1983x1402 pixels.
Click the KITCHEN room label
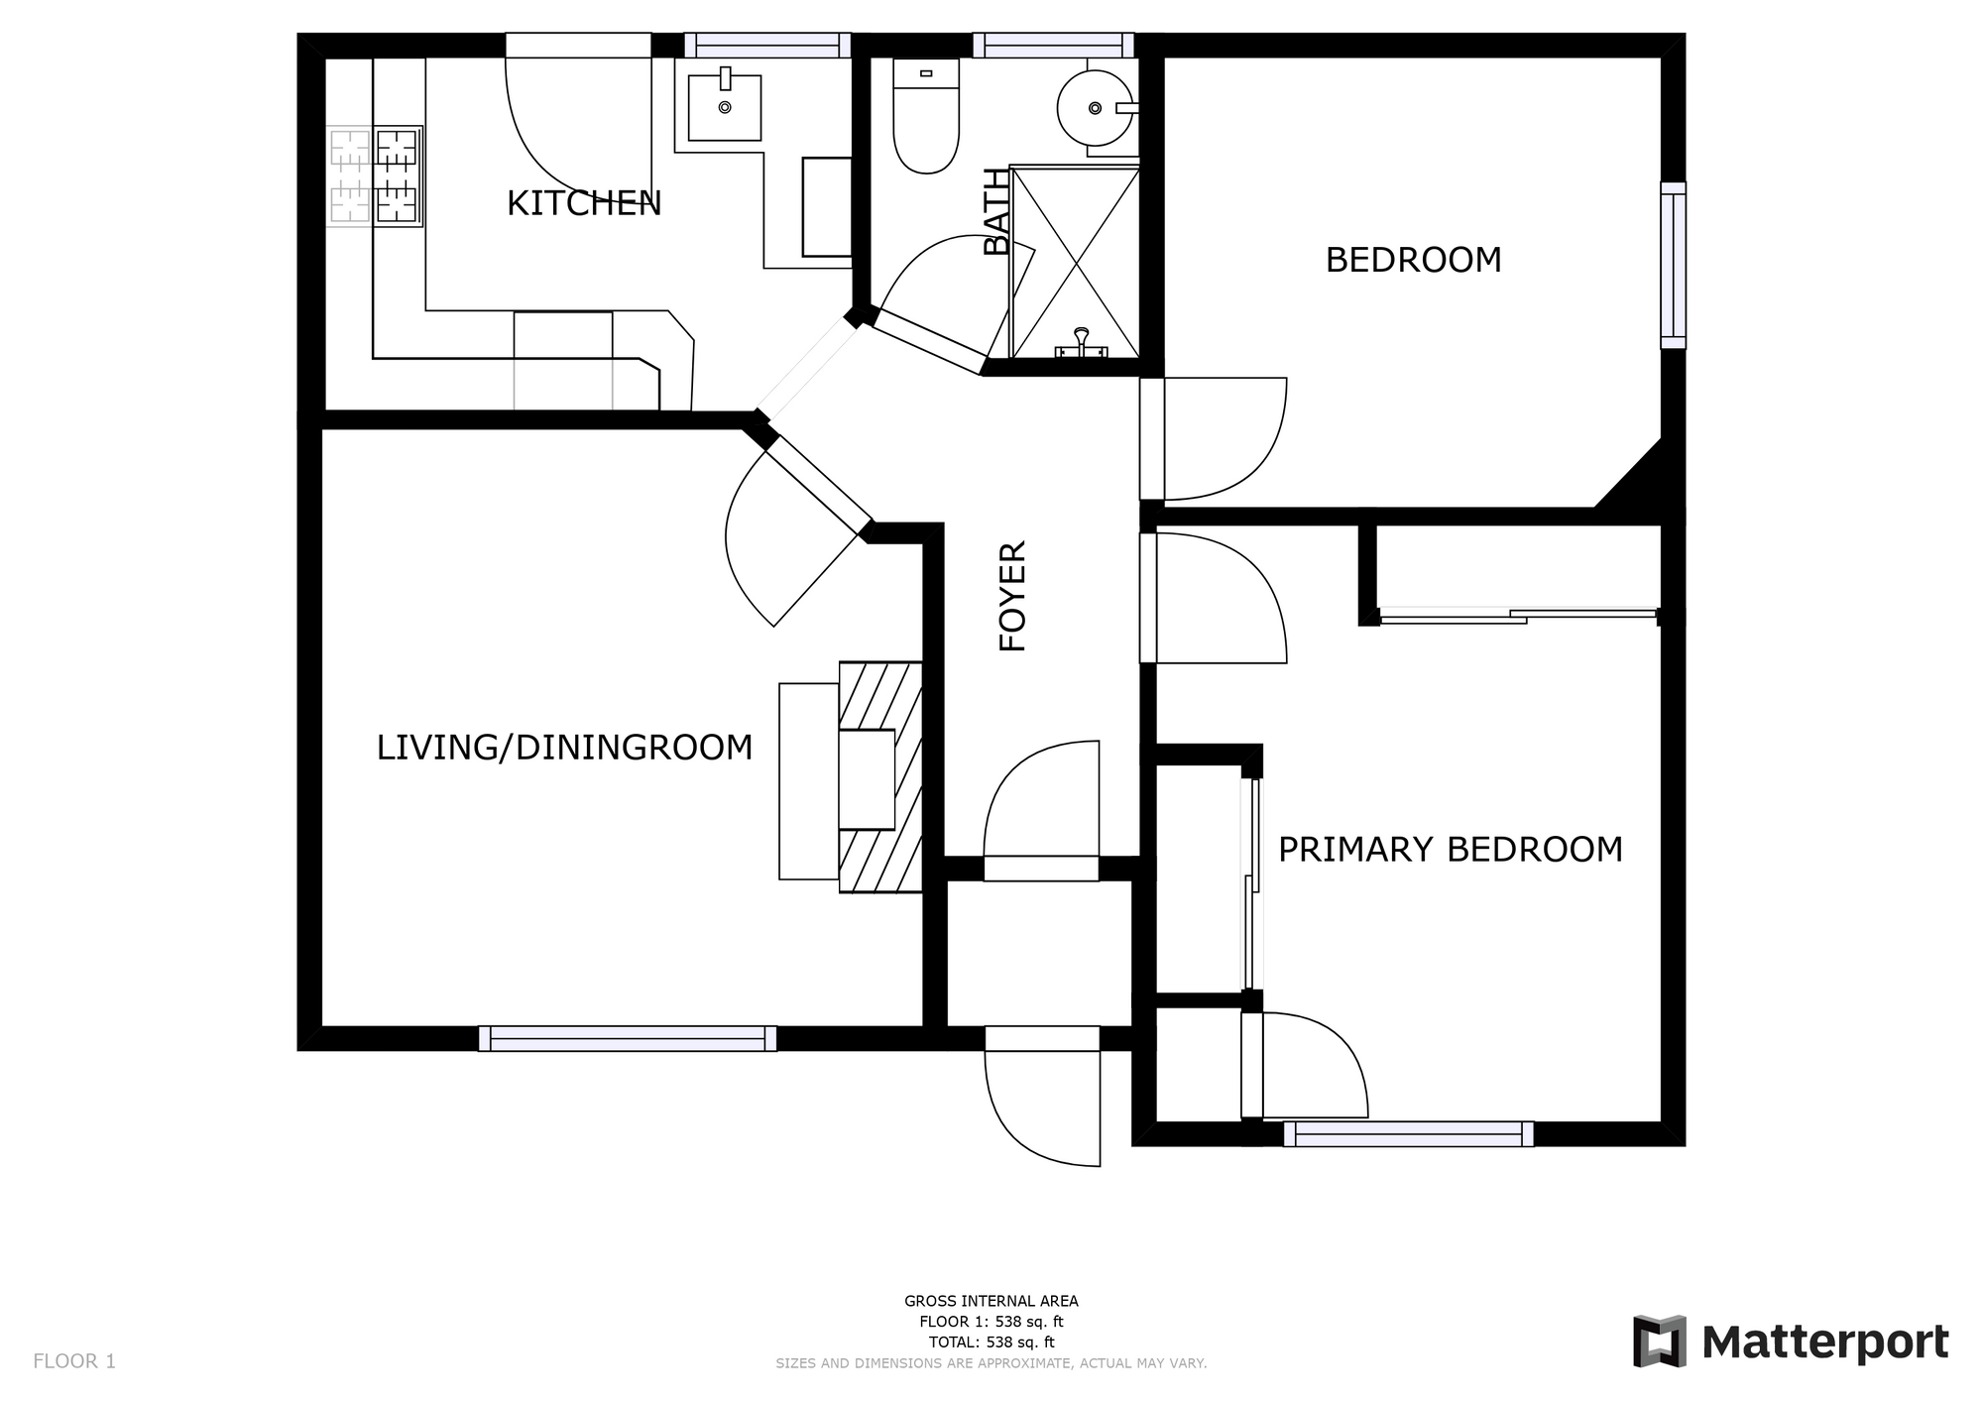point(584,203)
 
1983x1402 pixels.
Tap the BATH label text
point(996,212)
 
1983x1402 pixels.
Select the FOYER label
point(1012,596)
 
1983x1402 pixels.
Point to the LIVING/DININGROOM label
point(564,747)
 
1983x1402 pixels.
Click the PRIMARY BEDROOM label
point(1451,850)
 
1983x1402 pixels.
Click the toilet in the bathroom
point(926,116)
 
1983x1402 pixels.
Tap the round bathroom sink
point(1096,107)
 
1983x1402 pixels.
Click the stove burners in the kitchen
point(375,176)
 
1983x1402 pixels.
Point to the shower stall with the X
point(1075,262)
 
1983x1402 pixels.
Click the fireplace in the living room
point(880,777)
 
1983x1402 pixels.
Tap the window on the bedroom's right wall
point(1673,266)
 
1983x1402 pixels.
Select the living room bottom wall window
point(628,1038)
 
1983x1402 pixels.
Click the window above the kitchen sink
point(767,46)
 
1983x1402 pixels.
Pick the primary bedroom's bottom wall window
point(1409,1133)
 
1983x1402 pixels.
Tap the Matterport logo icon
point(1660,1342)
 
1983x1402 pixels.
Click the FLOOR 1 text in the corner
point(74,1361)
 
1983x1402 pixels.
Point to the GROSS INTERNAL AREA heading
point(991,1301)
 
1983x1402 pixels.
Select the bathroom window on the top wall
point(1053,46)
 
